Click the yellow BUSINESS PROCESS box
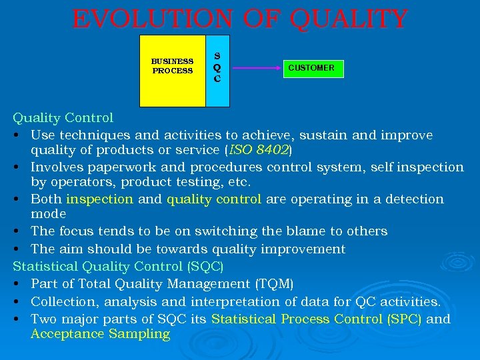click(172, 71)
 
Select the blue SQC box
click(217, 71)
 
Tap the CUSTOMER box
click(311, 68)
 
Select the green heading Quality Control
click(63, 118)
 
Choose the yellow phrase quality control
click(213, 199)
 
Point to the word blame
click(286, 231)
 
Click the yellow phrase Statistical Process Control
click(297, 319)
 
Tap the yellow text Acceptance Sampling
click(100, 334)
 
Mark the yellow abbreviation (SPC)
click(404, 319)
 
